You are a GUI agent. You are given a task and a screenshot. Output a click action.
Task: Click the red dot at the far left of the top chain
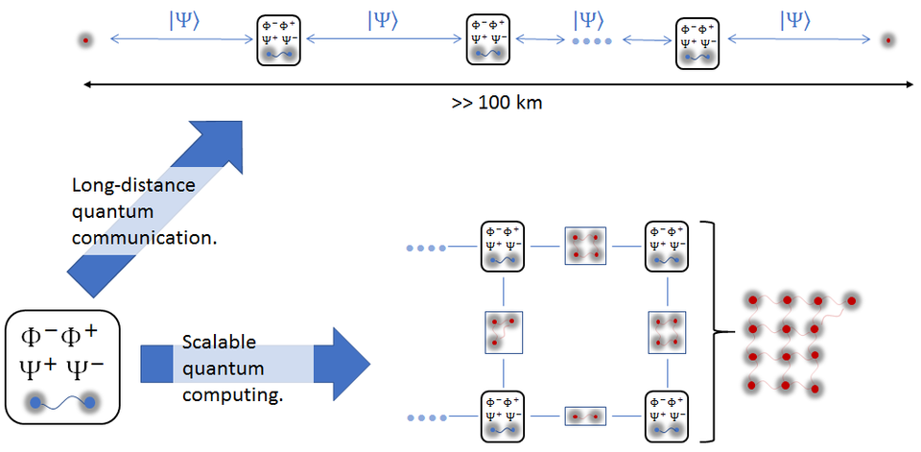coord(85,40)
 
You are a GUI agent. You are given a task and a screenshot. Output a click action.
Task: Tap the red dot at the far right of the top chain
coord(889,40)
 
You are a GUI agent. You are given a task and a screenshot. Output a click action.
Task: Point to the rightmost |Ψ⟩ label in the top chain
coord(796,20)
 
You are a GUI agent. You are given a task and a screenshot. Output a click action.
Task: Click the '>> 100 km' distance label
coord(497,102)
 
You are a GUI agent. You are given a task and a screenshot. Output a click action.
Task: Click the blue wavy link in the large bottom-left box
coord(62,402)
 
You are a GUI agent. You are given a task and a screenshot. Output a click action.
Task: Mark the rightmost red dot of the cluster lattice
coord(851,300)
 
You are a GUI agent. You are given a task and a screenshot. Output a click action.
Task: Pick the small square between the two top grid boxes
coord(585,247)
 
